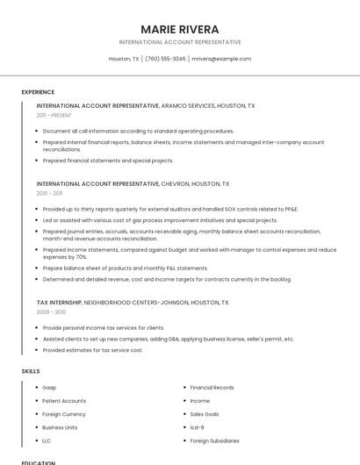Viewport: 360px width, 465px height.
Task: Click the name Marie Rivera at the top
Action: click(180, 29)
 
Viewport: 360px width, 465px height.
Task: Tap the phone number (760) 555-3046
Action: click(165, 59)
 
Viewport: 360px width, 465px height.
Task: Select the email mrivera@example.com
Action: click(221, 59)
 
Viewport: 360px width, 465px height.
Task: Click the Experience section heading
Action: click(38, 92)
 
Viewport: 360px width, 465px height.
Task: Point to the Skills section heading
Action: click(31, 371)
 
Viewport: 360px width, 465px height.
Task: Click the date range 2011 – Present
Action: click(54, 115)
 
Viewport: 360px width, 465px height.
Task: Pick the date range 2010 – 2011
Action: click(49, 193)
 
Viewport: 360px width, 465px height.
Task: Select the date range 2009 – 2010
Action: click(51, 311)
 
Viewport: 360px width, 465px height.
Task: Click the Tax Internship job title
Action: click(59, 302)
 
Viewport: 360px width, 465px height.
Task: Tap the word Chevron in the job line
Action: click(179, 184)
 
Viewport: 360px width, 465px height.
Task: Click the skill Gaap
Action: click(49, 387)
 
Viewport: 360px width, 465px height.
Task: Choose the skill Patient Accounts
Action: click(64, 400)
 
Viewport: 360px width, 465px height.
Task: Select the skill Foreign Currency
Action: click(64, 414)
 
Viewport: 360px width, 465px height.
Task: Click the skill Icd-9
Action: click(198, 427)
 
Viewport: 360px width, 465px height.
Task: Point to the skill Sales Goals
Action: click(205, 414)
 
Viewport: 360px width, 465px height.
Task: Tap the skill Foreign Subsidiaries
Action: click(215, 440)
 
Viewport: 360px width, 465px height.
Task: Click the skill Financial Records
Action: click(212, 387)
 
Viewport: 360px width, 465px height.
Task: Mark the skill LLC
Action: click(47, 440)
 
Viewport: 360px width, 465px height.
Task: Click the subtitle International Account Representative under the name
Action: click(180, 42)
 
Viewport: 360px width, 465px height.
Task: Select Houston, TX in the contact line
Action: click(124, 59)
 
